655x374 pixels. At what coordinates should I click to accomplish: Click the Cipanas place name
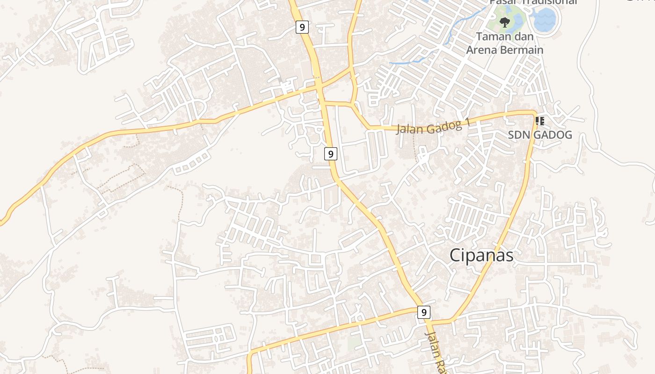pyautogui.click(x=481, y=255)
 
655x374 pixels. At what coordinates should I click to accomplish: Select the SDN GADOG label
pyautogui.click(x=540, y=135)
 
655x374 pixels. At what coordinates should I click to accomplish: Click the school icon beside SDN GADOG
pyautogui.click(x=540, y=121)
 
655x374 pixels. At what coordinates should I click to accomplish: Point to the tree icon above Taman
pyautogui.click(x=504, y=22)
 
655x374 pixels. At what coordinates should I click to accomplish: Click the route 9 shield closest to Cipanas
pyautogui.click(x=423, y=312)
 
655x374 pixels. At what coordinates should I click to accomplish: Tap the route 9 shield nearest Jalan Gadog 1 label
pyautogui.click(x=331, y=153)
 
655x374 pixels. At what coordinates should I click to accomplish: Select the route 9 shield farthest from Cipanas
pyautogui.click(x=302, y=27)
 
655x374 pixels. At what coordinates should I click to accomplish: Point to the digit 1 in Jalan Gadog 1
pyautogui.click(x=466, y=123)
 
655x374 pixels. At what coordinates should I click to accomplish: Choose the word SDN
pyautogui.click(x=518, y=135)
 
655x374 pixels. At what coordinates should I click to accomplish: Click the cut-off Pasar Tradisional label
pyautogui.click(x=533, y=2)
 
